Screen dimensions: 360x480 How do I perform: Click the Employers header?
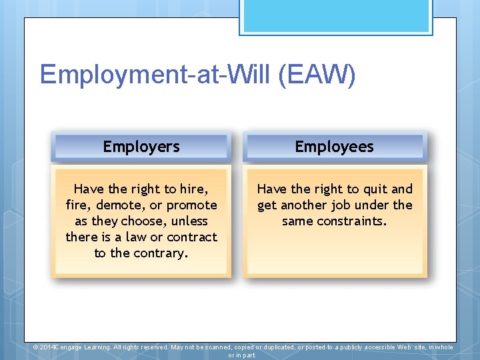[141, 147]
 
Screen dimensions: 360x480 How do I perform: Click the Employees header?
[334, 147]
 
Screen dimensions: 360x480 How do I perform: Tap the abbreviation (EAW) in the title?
[317, 75]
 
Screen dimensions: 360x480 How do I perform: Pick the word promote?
[191, 205]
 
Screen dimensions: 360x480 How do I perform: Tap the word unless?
[189, 221]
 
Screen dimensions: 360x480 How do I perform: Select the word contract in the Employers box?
[192, 237]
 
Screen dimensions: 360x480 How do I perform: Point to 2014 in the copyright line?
[49, 347]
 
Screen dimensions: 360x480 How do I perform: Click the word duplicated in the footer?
[275, 347]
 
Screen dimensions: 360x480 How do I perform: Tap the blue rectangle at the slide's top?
[336, 17]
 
